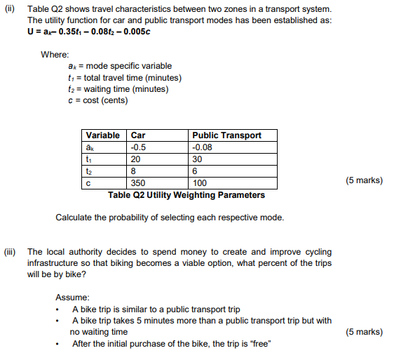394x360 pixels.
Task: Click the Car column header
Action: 138,135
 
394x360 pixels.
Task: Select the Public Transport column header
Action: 226,135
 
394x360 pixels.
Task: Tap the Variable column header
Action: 102,135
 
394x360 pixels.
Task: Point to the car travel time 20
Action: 136,159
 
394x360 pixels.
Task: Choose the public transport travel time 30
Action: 197,159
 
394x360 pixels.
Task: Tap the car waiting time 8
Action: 133,171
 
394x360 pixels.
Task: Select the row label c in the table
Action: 88,182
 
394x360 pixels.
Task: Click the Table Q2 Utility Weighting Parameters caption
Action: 186,194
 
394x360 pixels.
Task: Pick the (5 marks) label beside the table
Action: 365,180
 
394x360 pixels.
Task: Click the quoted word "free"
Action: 259,343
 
